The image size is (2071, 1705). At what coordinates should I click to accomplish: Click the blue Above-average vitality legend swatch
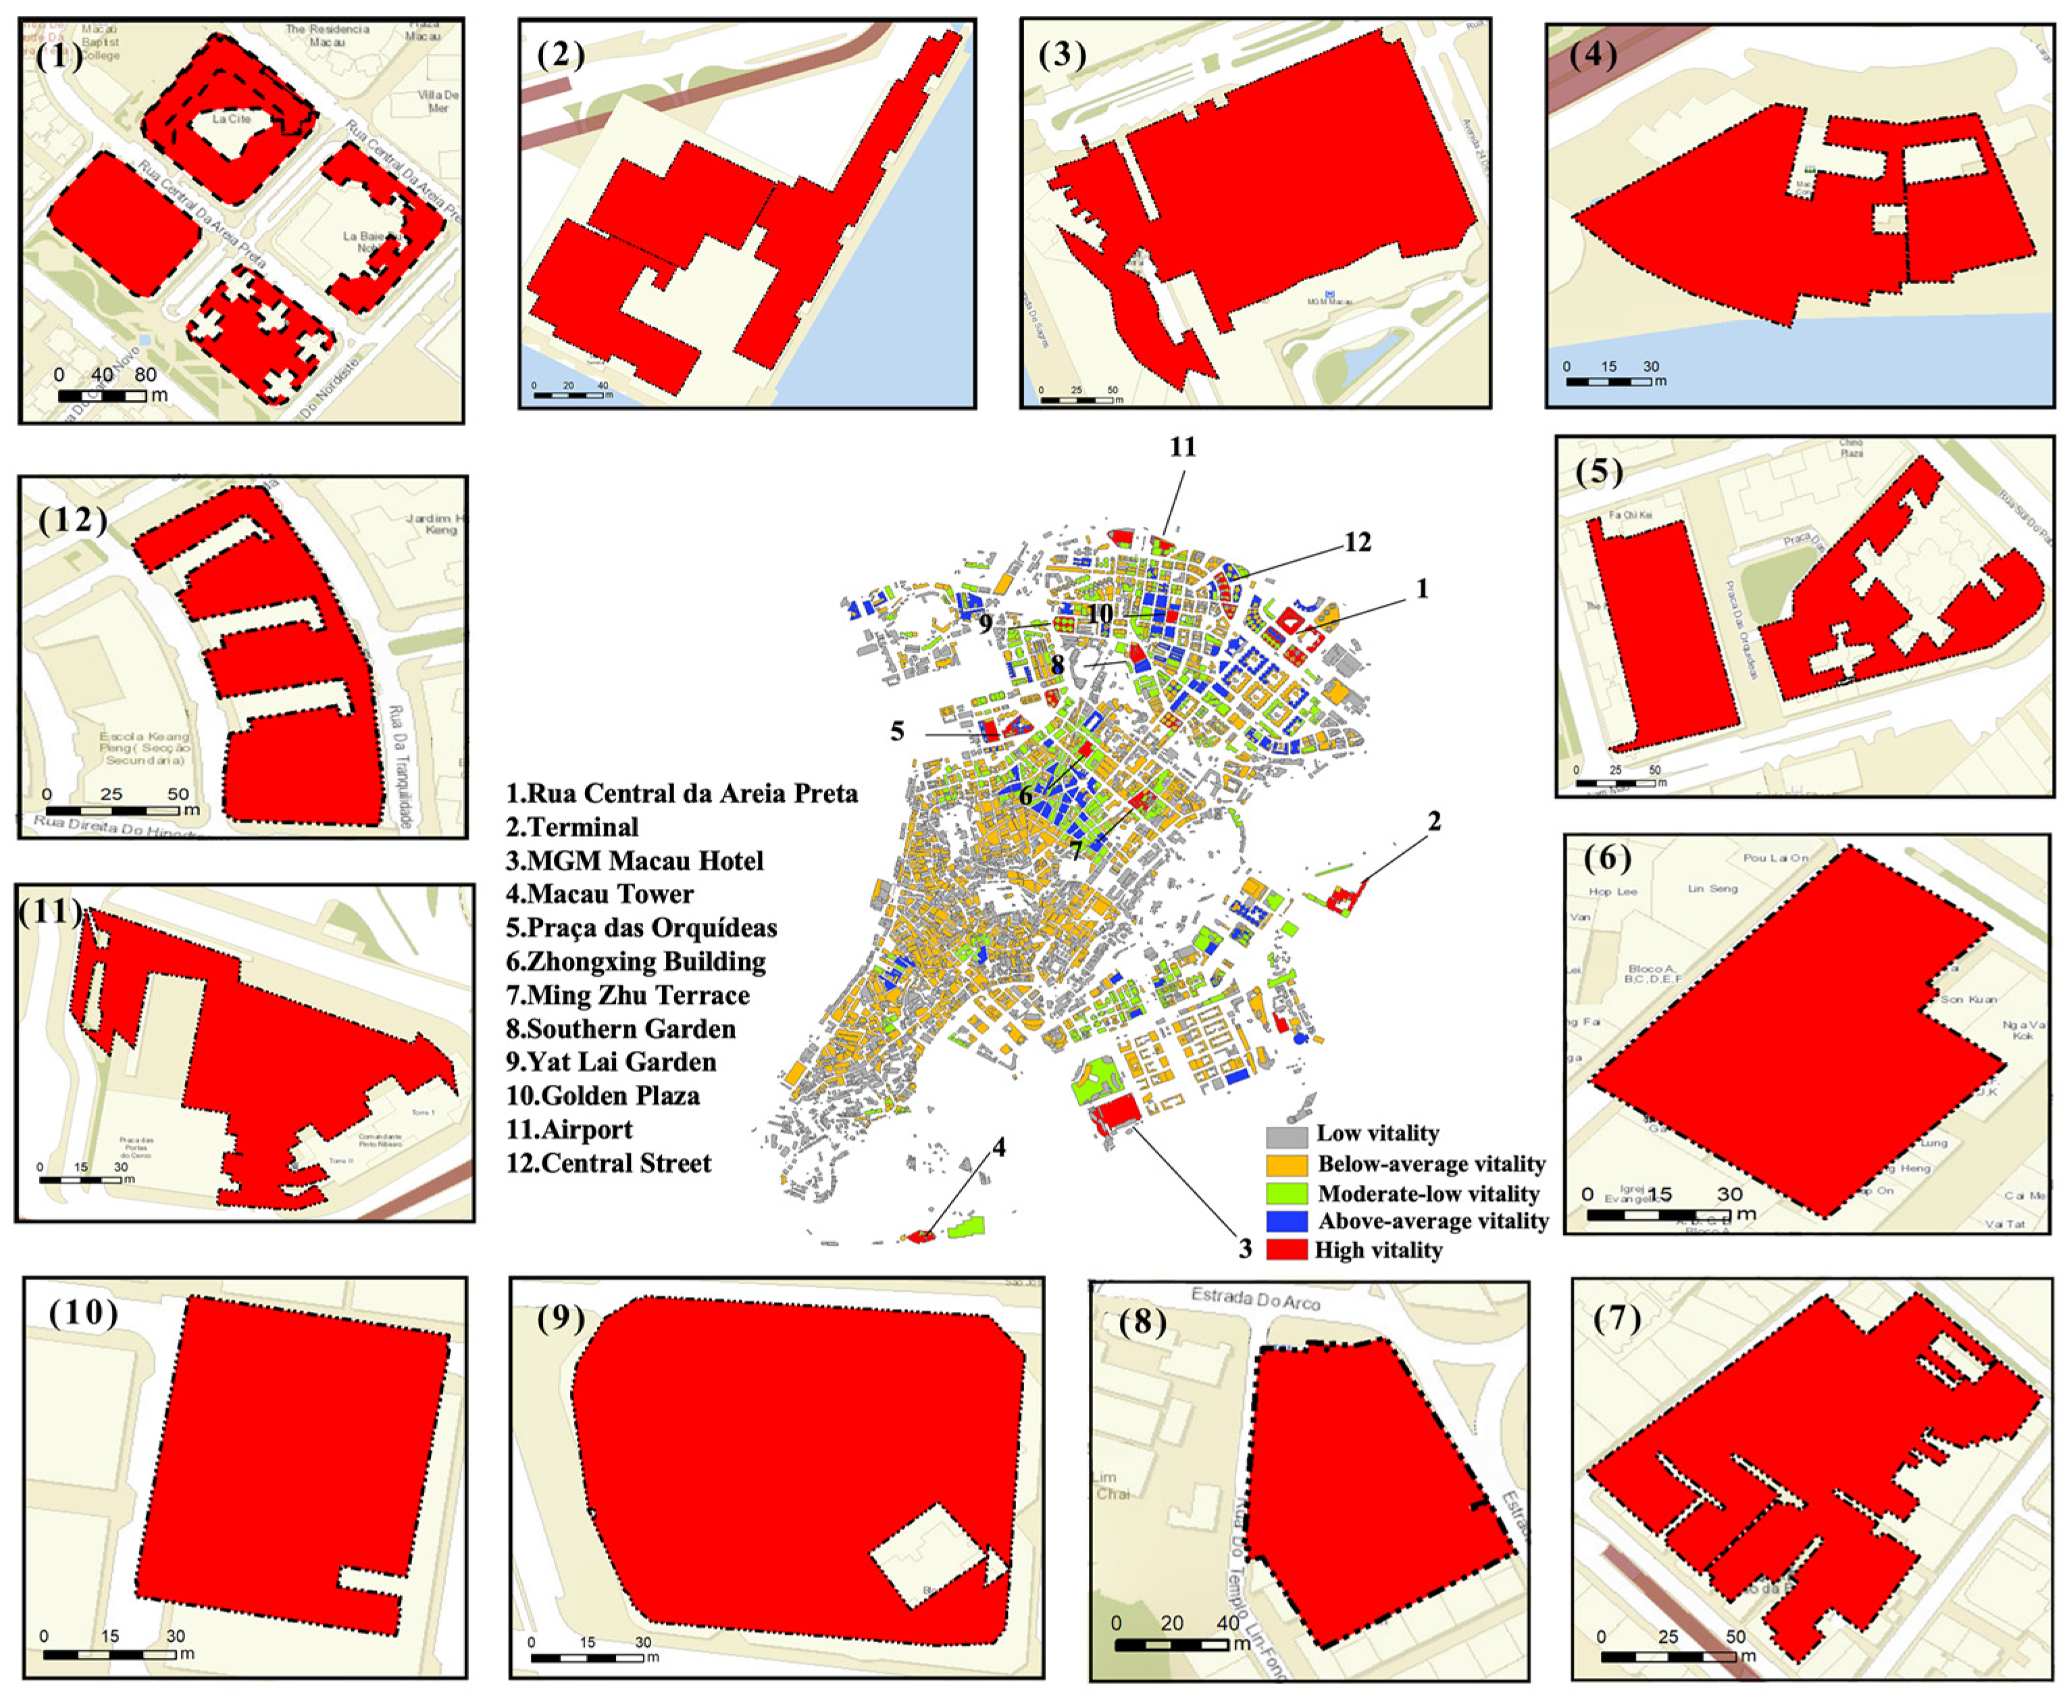[x=1286, y=1221]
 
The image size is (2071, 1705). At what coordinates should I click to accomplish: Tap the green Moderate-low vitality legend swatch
[x=1286, y=1194]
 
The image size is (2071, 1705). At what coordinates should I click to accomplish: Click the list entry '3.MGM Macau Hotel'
[x=634, y=861]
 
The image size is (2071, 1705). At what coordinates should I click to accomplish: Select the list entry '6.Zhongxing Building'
[x=636, y=961]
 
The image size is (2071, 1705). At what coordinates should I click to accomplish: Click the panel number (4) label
[x=1593, y=54]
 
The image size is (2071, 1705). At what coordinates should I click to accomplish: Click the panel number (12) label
[x=73, y=519]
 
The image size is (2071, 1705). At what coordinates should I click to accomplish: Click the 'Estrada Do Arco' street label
[x=1255, y=1300]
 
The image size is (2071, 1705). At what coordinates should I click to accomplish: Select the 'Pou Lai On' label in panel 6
[x=1775, y=857]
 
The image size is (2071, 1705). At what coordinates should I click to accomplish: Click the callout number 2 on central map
[x=1434, y=820]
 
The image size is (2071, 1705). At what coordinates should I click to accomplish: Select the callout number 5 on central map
[x=896, y=732]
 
